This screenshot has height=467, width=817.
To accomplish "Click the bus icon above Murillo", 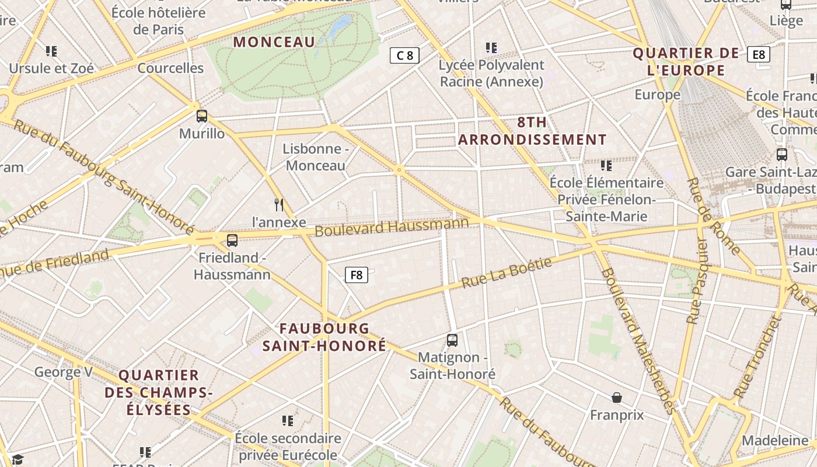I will tap(202, 116).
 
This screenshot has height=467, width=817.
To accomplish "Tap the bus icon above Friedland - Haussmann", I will tap(232, 240).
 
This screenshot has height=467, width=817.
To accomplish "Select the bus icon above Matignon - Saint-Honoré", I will tap(452, 340).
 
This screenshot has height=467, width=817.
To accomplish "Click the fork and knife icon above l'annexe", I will tap(279, 204).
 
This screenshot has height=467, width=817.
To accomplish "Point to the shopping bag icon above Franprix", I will tap(616, 398).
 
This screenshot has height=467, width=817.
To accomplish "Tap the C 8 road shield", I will tap(404, 55).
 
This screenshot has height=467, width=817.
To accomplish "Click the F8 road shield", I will tap(356, 274).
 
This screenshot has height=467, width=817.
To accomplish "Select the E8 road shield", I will tap(758, 54).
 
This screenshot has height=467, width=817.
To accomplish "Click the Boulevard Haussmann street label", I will tap(392, 226).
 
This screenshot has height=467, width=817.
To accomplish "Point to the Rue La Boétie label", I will tap(507, 273).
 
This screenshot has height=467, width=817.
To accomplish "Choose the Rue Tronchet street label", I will tap(757, 357).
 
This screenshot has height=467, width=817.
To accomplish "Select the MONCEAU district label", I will tap(274, 42).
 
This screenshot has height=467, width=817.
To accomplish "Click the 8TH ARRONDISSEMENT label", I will tap(532, 131).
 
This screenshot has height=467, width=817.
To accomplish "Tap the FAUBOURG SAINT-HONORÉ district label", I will tap(324, 337).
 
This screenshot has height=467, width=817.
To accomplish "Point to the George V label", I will tap(63, 372).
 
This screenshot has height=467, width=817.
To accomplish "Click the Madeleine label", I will tap(774, 440).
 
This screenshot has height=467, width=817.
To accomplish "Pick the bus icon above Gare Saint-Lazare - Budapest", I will tap(782, 155).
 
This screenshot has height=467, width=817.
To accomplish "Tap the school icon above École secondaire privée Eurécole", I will tap(287, 421).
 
